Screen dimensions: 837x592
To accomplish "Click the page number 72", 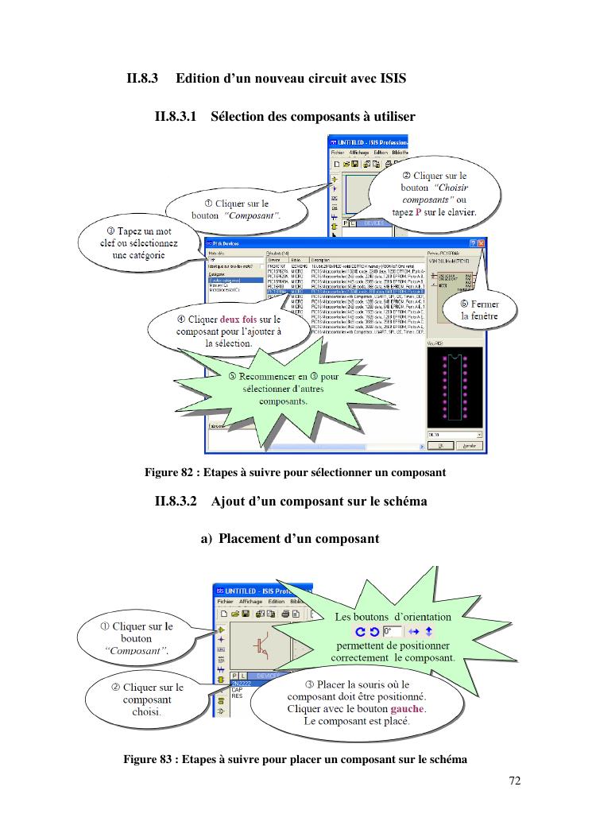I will [x=514, y=781].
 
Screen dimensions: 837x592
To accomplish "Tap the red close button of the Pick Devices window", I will [x=482, y=242].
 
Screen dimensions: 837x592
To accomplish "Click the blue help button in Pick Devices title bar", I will [x=473, y=242].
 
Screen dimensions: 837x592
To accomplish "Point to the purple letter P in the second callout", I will [x=419, y=212].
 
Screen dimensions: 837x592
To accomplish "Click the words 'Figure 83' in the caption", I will [x=148, y=759].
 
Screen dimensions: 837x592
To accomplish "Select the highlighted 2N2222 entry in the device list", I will [x=240, y=683].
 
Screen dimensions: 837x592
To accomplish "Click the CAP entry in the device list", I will [x=237, y=689].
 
